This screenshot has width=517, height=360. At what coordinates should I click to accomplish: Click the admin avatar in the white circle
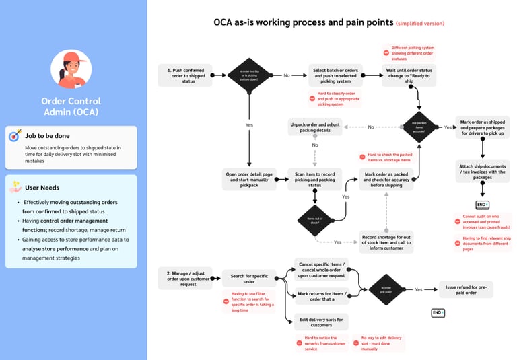click(x=71, y=69)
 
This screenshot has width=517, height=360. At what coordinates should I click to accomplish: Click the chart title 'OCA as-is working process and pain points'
click(x=304, y=22)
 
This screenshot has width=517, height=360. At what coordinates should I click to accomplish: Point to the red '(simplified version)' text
click(x=420, y=24)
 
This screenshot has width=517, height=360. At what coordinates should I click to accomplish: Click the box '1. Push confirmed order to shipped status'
click(x=185, y=75)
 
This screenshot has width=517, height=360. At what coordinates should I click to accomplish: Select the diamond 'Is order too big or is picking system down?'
click(x=249, y=75)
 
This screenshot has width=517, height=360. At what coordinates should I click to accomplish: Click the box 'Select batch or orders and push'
click(x=337, y=75)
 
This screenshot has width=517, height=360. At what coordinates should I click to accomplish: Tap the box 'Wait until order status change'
click(x=409, y=75)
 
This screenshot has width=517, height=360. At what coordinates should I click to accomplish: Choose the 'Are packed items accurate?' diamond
click(x=419, y=127)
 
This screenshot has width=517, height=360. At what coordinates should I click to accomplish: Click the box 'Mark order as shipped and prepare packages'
click(x=483, y=127)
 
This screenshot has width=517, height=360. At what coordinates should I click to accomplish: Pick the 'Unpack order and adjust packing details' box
click(x=315, y=127)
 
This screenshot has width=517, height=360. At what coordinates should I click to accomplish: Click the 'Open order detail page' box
click(x=249, y=178)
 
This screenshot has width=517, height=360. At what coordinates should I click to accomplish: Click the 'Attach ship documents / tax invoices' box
click(x=483, y=171)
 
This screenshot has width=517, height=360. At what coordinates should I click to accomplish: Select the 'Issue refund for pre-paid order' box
click(x=466, y=289)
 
